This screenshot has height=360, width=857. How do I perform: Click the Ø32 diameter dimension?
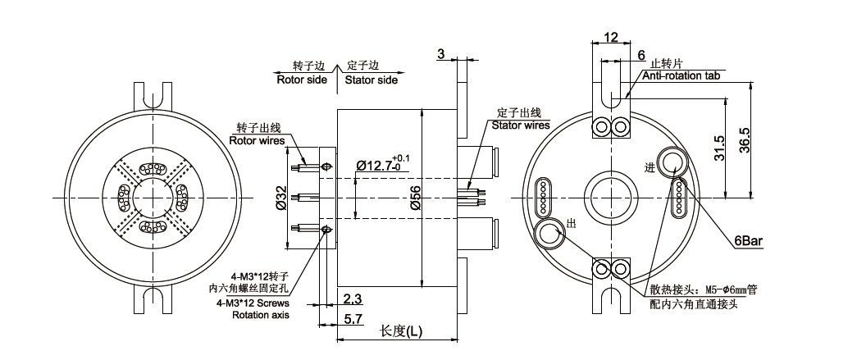coord(281,198)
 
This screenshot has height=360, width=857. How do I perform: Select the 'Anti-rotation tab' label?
coord(680,75)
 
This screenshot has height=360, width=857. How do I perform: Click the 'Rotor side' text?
coord(301,80)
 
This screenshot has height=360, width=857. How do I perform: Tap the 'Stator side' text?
coord(371,80)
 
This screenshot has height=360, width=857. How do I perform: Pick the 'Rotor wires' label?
coord(257,140)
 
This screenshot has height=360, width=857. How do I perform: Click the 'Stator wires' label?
coord(521,125)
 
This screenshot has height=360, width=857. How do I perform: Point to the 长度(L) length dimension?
coord(402,331)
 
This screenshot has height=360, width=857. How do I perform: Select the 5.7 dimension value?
coord(353,317)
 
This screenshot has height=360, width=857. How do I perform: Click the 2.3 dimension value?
coord(353,298)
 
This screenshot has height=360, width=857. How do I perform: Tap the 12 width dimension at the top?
coord(610,37)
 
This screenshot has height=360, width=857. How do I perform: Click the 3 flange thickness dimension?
coord(441,54)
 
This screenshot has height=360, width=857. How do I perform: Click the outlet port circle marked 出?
coord(548,235)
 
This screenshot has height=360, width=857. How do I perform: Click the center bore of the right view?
coord(608,196)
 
